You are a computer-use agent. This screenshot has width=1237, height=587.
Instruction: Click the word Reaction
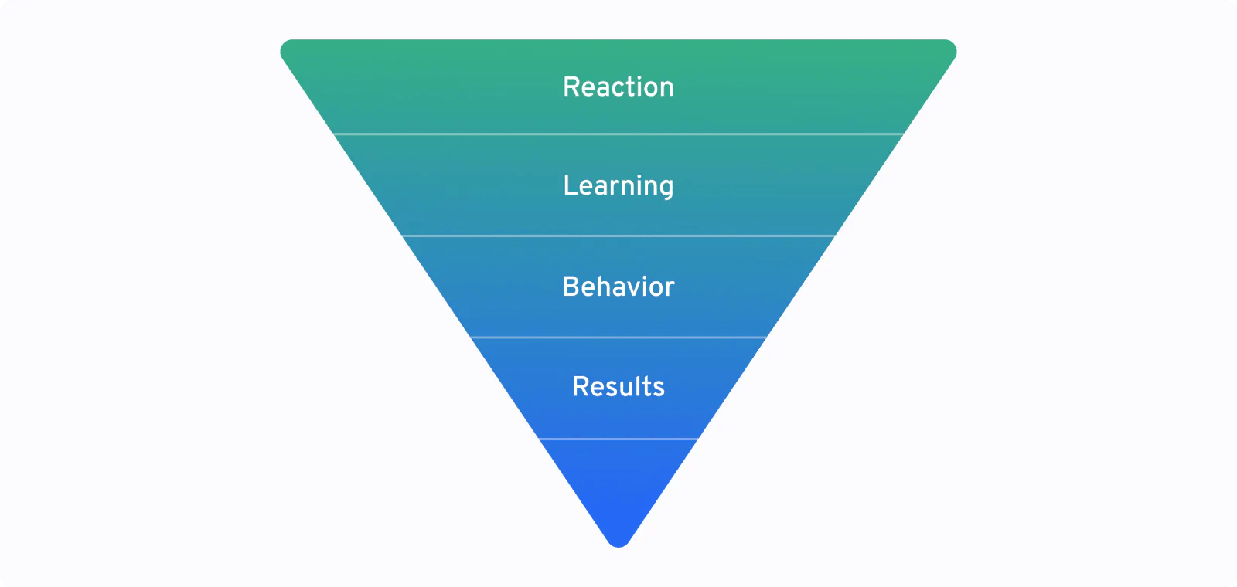click(618, 87)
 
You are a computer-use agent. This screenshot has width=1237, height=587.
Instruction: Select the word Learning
click(618, 186)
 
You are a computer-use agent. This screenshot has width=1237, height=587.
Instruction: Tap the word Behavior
click(618, 287)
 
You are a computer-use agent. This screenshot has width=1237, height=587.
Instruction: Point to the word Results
click(618, 387)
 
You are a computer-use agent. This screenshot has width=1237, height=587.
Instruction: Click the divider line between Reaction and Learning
click(618, 134)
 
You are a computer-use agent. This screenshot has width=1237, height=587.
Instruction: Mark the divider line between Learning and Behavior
click(618, 236)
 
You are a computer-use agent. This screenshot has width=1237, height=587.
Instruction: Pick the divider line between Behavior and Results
click(618, 337)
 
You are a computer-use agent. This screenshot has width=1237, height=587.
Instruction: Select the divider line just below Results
click(618, 439)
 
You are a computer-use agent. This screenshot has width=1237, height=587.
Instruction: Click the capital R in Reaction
click(571, 87)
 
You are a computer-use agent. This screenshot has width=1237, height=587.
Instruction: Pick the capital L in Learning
click(570, 185)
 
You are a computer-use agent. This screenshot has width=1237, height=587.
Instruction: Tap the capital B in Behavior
click(571, 287)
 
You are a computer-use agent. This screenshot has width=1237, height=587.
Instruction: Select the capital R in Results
click(581, 387)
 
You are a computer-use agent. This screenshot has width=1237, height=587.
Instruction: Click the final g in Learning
click(666, 189)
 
